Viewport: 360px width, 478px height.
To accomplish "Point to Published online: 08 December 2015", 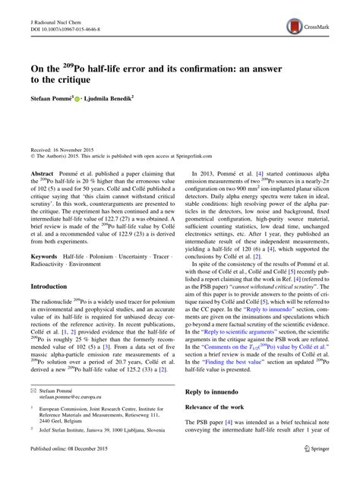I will (x=74, y=470).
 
